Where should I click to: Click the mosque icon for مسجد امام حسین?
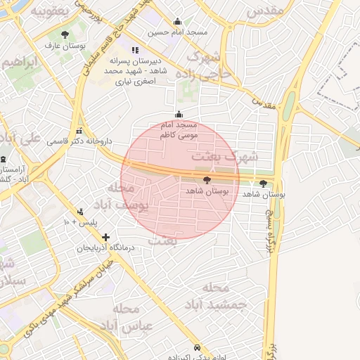(x=176, y=22)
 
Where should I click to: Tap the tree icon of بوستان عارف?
(x=65, y=34)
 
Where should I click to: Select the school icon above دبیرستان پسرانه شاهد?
(x=135, y=50)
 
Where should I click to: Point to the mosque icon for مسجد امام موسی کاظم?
(x=179, y=115)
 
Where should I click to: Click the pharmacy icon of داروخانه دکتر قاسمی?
(x=79, y=131)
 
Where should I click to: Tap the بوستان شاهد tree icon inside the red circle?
(x=205, y=180)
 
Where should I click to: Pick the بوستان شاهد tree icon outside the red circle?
(x=264, y=184)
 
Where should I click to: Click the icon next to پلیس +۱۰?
(x=80, y=211)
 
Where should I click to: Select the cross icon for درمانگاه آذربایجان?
(x=105, y=238)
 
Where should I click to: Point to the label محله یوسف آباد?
(x=127, y=197)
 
